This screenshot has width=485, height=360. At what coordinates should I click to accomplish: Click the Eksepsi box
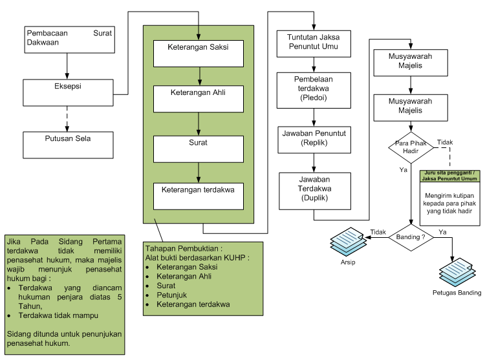tap(68, 93)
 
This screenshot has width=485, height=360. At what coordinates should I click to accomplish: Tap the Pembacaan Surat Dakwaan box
tap(68, 39)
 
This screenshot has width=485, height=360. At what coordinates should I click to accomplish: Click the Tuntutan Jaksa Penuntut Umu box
tap(314, 43)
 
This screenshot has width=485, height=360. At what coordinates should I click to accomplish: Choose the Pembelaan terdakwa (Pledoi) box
tap(314, 90)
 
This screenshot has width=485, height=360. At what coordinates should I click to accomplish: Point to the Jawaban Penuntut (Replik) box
tap(314, 140)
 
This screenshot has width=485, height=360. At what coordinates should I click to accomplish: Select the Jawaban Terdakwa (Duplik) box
tap(314, 189)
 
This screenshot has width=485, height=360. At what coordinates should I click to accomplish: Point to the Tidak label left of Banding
tap(378, 232)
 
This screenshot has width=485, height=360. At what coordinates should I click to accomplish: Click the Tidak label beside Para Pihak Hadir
tap(445, 142)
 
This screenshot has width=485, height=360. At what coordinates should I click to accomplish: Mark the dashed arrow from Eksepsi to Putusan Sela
tap(67, 119)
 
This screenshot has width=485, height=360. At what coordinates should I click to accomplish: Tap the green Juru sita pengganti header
tap(450, 176)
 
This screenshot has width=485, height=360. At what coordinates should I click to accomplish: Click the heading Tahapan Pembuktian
tap(183, 248)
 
